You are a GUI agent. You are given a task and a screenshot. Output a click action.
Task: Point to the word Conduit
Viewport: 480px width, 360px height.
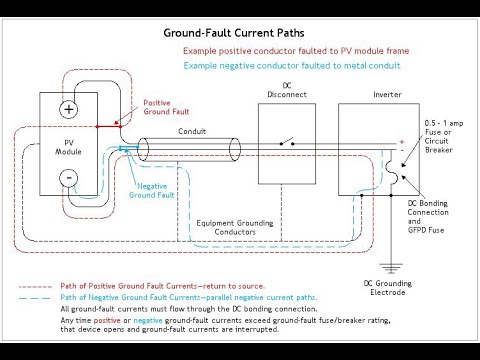pos(192,131)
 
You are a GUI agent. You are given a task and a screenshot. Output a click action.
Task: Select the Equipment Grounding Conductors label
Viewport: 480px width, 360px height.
pos(236,227)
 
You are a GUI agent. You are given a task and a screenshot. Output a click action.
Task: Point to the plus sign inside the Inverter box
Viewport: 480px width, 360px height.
pos(402,142)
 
